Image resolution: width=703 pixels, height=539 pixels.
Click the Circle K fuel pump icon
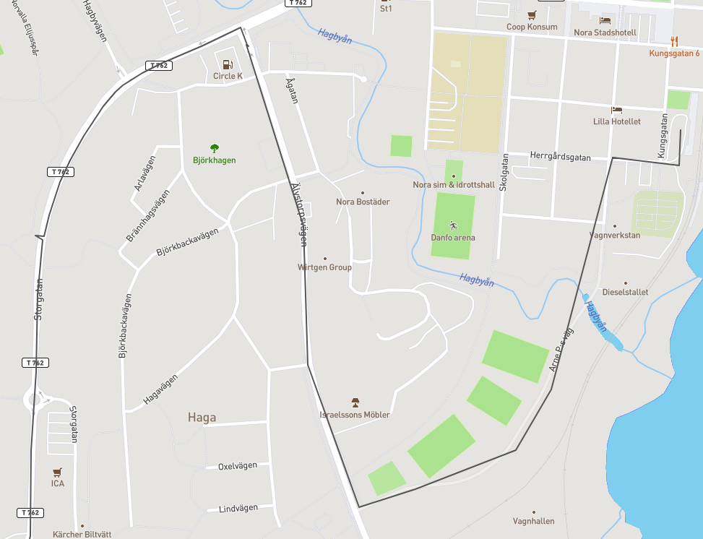coord(228,64)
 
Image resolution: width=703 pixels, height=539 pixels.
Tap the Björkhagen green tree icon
coord(214,148)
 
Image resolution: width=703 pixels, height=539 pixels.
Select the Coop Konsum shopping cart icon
coord(532,14)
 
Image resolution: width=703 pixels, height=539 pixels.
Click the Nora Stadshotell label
coord(605,33)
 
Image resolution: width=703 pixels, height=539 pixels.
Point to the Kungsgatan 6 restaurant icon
coord(674,41)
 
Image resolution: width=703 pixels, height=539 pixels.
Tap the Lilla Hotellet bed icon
coord(616,111)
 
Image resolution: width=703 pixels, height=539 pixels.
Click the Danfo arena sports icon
coord(453,225)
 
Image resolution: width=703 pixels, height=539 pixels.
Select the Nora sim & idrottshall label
coord(454,185)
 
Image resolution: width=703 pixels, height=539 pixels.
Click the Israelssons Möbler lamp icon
coord(355,402)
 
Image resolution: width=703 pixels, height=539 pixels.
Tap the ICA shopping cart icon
coord(57,472)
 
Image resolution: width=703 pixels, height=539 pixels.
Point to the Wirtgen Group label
coord(324,267)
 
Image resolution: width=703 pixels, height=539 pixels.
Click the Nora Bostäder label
coord(363,202)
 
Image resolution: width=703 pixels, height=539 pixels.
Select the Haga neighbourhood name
coord(202,417)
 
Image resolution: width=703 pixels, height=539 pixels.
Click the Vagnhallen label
coord(533,521)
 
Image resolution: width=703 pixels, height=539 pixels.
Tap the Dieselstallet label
coord(625,293)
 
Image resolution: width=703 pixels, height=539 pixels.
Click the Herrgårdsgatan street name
coord(560,156)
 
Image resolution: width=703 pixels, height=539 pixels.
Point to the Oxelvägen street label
coord(238,466)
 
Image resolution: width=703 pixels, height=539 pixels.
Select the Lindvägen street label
coord(238,509)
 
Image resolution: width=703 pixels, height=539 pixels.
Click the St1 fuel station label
coord(386,9)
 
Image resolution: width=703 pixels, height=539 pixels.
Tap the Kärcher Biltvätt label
coord(82,535)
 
